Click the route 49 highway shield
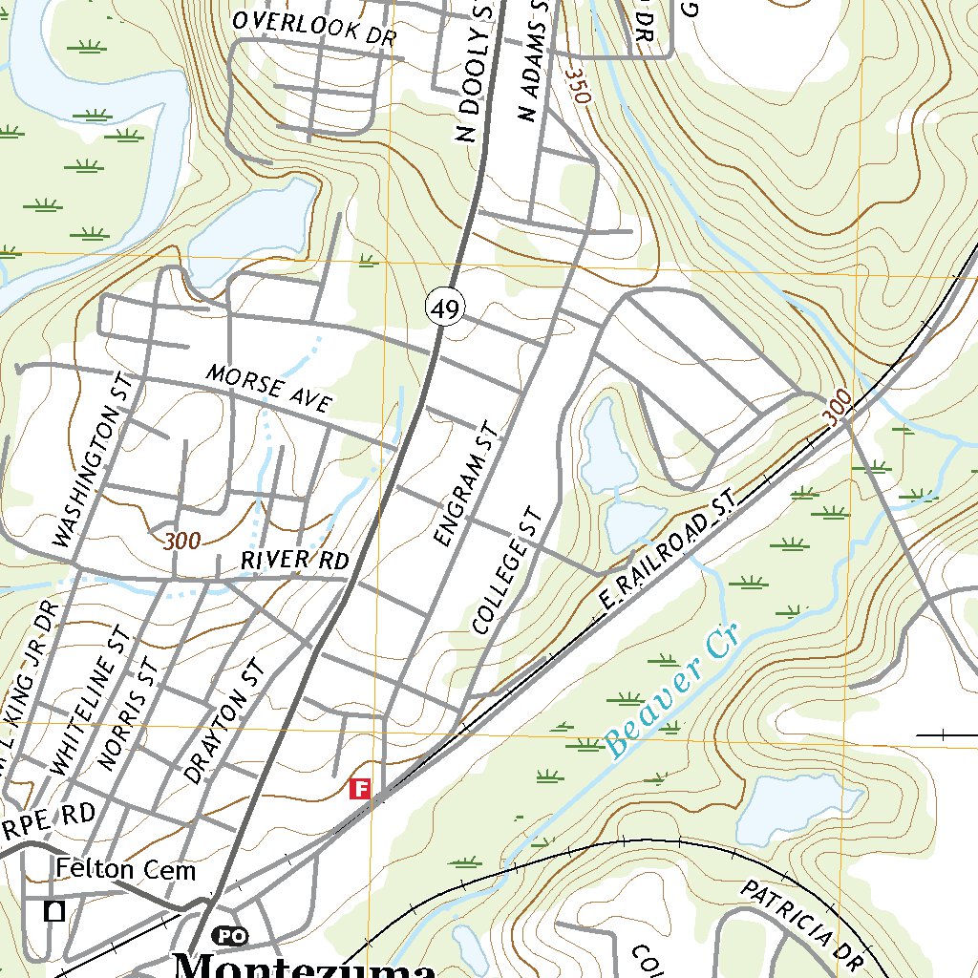coord(444,308)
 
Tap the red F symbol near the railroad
coord(360,789)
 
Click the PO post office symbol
coord(228,935)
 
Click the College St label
coord(508,571)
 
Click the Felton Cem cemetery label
coord(125,869)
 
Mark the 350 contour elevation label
coord(575,88)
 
